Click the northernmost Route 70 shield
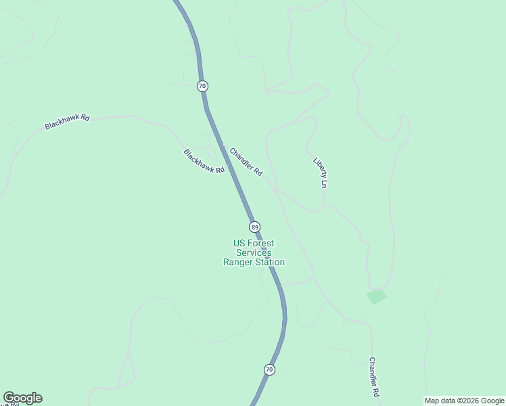click(202, 86)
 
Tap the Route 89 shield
click(254, 227)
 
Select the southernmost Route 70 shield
click(269, 369)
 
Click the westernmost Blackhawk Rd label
click(67, 122)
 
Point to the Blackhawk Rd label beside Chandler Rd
click(204, 162)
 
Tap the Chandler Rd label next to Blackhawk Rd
click(246, 162)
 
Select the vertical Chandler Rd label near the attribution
click(373, 378)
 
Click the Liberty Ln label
click(321, 173)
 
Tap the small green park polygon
click(376, 296)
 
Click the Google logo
click(22, 398)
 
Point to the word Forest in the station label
click(261, 244)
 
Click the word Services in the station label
click(254, 252)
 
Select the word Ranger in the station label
click(238, 263)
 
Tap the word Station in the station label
click(270, 263)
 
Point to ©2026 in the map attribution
click(462, 401)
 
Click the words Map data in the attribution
click(438, 401)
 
